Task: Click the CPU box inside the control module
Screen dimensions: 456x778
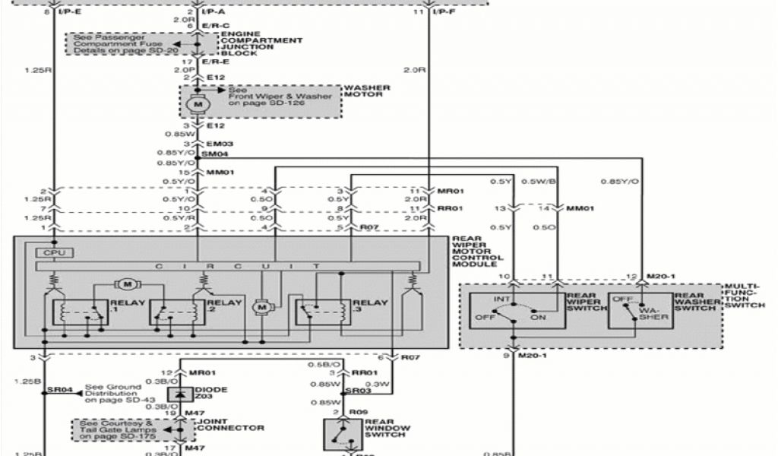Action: (52, 252)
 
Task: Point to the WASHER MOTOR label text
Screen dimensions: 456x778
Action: (367, 93)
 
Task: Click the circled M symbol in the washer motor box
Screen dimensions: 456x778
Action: (199, 103)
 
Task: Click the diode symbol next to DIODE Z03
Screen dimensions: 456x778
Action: (181, 394)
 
